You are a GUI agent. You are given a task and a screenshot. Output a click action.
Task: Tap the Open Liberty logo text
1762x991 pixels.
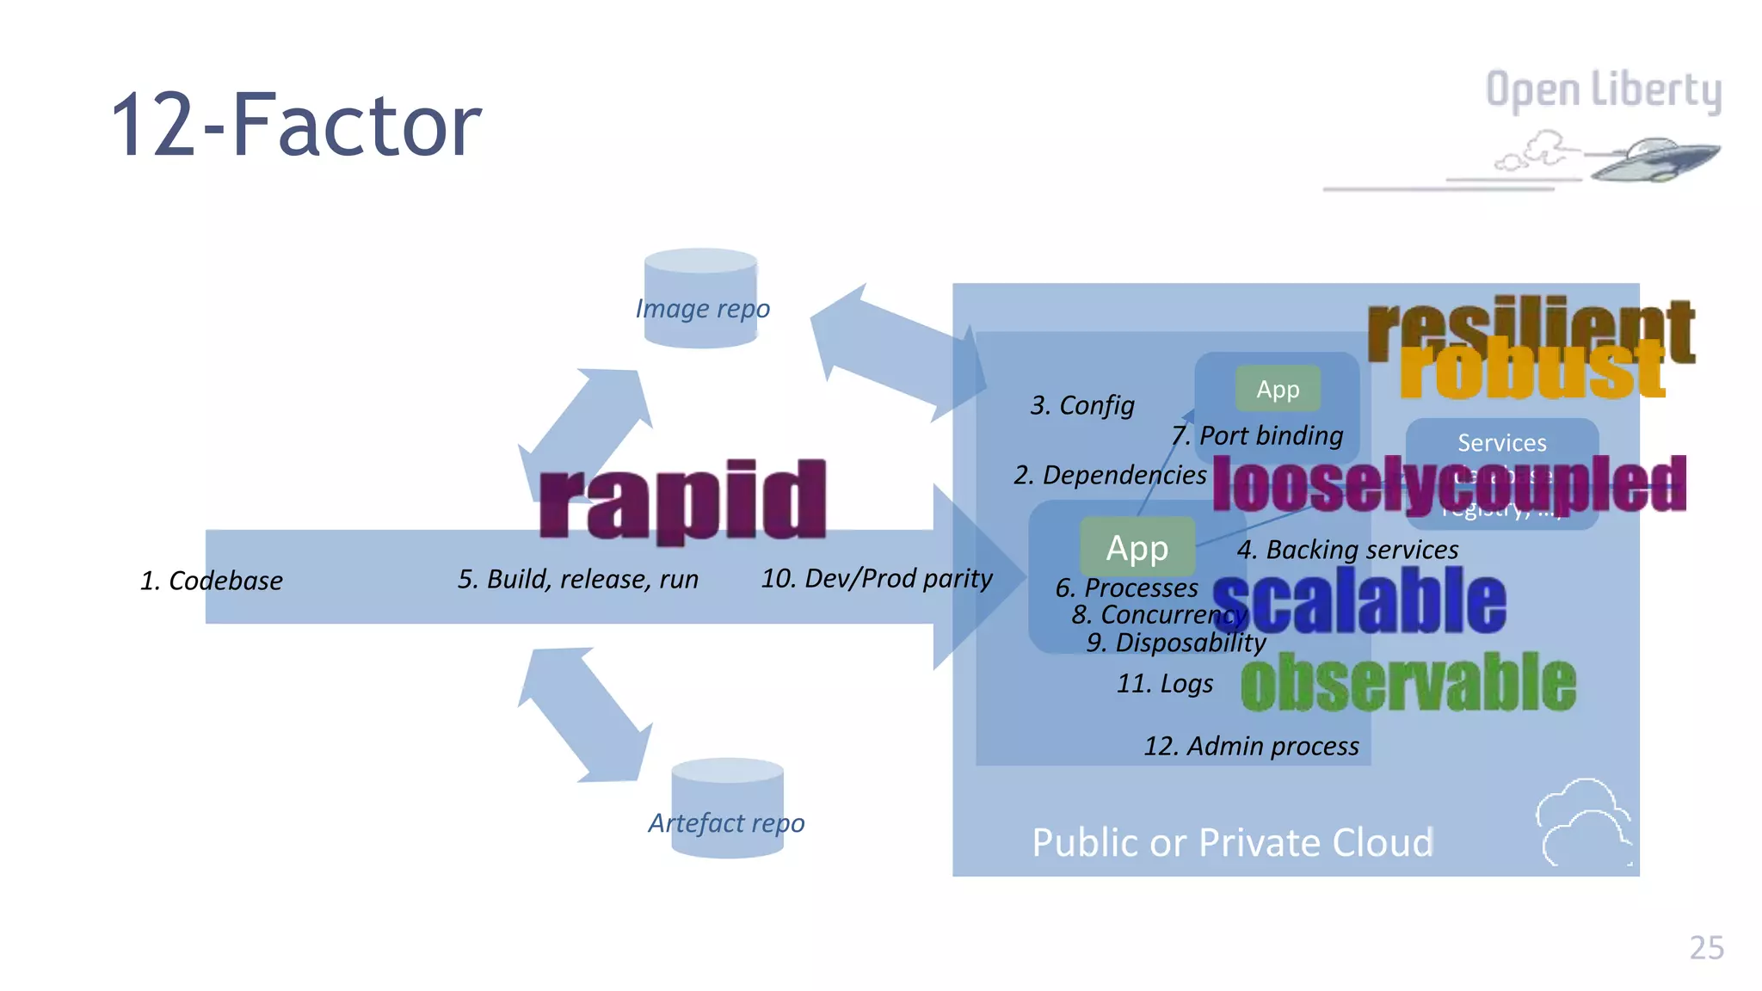(1603, 90)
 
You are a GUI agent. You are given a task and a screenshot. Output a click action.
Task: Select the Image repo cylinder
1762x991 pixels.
(701, 298)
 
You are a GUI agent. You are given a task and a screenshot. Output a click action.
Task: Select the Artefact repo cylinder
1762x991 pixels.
(727, 809)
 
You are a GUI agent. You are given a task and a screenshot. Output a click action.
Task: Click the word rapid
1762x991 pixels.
(682, 501)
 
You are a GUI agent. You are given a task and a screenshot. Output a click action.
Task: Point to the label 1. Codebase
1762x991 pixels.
(212, 581)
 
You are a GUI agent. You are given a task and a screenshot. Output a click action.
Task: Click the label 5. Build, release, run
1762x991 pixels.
(578, 579)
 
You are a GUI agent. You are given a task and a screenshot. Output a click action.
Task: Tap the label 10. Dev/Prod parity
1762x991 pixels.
(877, 578)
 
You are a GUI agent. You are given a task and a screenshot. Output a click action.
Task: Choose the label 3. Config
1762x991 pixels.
(1082, 405)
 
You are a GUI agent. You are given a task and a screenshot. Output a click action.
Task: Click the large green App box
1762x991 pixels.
(1137, 548)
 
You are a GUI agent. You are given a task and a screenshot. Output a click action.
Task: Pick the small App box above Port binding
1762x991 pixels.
(1278, 389)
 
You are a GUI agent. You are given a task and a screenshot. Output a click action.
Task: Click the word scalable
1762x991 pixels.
(1359, 601)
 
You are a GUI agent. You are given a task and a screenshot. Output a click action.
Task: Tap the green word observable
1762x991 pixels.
(1408, 683)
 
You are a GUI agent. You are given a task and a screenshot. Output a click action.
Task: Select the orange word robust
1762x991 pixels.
(1532, 371)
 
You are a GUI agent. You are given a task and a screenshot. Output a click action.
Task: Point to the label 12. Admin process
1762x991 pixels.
(1251, 746)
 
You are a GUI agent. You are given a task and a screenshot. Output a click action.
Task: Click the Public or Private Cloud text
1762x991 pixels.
(1232, 842)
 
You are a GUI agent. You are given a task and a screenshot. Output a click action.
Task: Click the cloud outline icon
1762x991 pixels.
(1583, 822)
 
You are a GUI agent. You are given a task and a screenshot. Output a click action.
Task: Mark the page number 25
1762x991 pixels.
(1706, 947)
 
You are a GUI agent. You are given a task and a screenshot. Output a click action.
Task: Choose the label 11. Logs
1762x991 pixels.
(1165, 683)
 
